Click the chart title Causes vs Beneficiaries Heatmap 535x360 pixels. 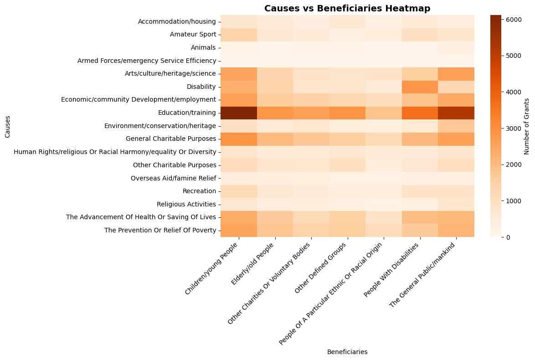tap(347, 8)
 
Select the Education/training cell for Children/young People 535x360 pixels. tap(239, 113)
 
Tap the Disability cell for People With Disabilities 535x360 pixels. tap(420, 87)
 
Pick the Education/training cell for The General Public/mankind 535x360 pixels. tap(456, 113)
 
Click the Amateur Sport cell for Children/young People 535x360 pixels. tap(239, 34)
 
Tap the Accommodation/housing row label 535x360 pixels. tap(177, 21)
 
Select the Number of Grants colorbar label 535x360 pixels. tap(527, 126)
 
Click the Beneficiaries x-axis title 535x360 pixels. tap(347, 352)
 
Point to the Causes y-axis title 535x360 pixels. tap(8, 126)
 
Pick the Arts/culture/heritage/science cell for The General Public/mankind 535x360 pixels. tap(456, 73)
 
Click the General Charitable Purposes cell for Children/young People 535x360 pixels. tap(239, 139)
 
